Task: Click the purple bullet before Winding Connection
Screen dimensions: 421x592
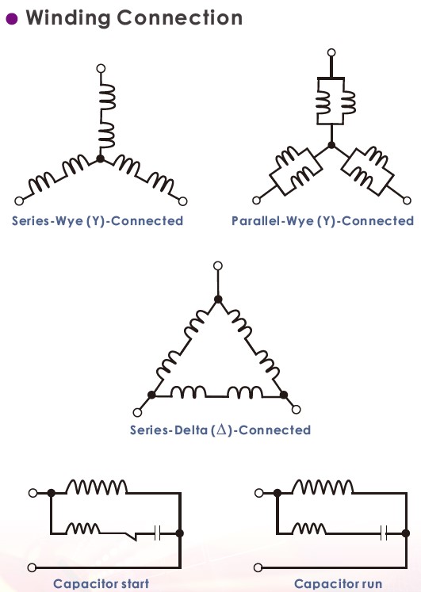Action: (x=12, y=18)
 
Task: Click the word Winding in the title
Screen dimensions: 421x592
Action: (x=67, y=18)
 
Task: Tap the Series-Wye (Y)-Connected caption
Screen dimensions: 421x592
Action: (x=98, y=221)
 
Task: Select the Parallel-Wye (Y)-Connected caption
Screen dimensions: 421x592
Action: (x=323, y=221)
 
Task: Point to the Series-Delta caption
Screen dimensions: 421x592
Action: (x=220, y=430)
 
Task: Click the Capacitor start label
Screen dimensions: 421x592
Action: (x=101, y=584)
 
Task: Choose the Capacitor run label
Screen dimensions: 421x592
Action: (x=338, y=584)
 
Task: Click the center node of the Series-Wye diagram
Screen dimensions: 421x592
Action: (x=101, y=159)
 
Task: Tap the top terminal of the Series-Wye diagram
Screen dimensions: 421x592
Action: (x=101, y=68)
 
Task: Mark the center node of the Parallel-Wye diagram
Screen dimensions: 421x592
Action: (x=331, y=145)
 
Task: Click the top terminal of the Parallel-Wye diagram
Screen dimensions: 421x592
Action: (x=331, y=52)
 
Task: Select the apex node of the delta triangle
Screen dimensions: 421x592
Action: (x=218, y=300)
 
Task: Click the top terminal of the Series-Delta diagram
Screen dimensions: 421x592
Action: (x=218, y=265)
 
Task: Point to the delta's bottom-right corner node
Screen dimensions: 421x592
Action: (x=284, y=395)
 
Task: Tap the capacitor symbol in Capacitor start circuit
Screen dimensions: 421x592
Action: (x=158, y=533)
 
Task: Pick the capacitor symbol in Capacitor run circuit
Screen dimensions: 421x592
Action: (x=384, y=533)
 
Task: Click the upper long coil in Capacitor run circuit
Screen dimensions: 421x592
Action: (x=323, y=487)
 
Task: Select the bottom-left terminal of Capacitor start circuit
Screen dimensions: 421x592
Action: (x=32, y=567)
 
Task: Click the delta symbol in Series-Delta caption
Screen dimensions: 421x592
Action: (x=222, y=430)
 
